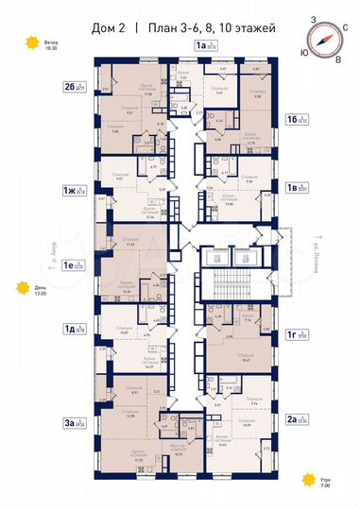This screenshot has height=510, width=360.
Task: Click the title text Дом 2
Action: click(x=106, y=26)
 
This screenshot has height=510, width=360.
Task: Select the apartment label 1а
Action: click(x=200, y=44)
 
